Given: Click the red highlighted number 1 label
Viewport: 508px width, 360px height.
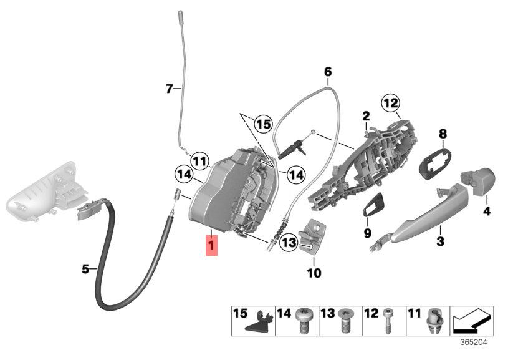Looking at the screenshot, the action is (x=211, y=245).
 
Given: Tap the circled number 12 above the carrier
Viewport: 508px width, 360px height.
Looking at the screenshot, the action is (x=390, y=103).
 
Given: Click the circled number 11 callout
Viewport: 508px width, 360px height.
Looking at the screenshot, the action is (x=199, y=160).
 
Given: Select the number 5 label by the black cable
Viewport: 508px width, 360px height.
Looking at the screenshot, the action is (x=85, y=269).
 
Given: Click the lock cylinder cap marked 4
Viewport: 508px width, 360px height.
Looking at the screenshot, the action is (x=477, y=181).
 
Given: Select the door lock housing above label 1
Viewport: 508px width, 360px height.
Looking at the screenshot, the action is (x=232, y=192).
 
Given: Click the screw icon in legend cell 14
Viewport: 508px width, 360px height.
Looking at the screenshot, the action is (x=303, y=321).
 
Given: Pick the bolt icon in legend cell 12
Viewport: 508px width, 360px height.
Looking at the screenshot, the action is (x=387, y=321).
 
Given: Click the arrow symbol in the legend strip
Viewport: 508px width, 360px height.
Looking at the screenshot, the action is (x=472, y=321).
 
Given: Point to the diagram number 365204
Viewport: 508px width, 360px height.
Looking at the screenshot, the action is (x=474, y=342).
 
